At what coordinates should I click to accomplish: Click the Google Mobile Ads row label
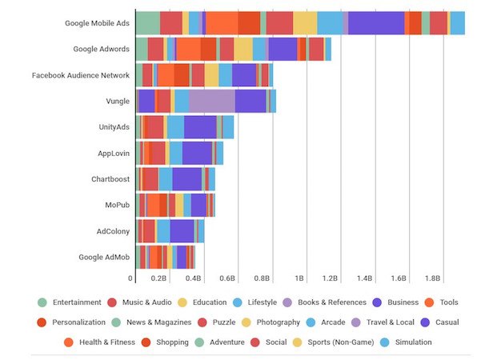[x=97, y=23]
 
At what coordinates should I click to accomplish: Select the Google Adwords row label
[x=101, y=49]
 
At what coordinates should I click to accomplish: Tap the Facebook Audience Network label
[x=81, y=75]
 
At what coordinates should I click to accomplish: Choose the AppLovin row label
[x=112, y=153]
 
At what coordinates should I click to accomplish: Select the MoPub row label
[x=115, y=205]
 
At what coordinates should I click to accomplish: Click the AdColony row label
[x=111, y=231]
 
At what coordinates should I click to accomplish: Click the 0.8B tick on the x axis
[x=261, y=278]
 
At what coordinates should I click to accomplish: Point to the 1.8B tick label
[x=432, y=278]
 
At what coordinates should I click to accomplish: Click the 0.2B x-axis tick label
[x=158, y=278]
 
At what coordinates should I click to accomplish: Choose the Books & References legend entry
[x=331, y=302]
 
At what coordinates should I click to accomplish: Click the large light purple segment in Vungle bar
[x=212, y=101]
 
